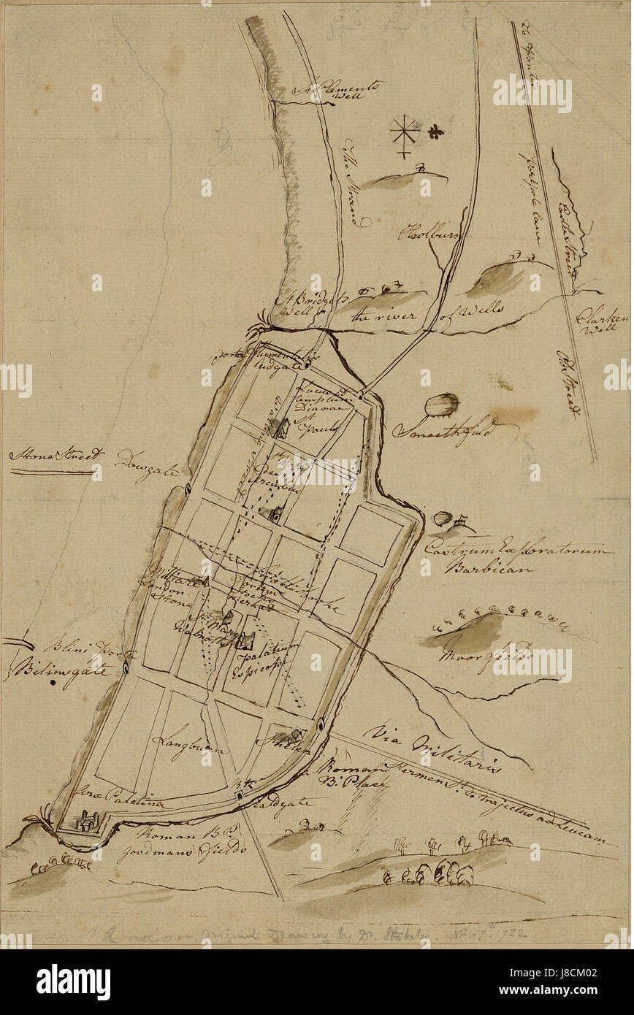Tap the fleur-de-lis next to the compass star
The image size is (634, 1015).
pos(436,133)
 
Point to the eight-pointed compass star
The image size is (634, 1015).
pos(403,133)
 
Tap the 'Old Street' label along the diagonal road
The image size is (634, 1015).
pos(566,384)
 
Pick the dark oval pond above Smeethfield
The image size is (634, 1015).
pos(442,404)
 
